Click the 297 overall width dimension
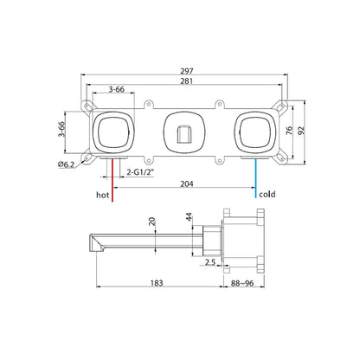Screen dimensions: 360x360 187,71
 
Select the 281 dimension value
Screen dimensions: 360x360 187,81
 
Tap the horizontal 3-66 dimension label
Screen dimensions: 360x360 117,89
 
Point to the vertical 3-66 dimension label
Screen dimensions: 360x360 61,129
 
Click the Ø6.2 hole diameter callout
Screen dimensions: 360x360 66,164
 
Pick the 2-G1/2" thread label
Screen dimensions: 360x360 140,172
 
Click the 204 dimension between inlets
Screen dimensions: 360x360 187,183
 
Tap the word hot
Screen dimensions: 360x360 103,195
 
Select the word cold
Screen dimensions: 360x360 267,194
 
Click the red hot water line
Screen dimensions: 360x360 112,179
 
